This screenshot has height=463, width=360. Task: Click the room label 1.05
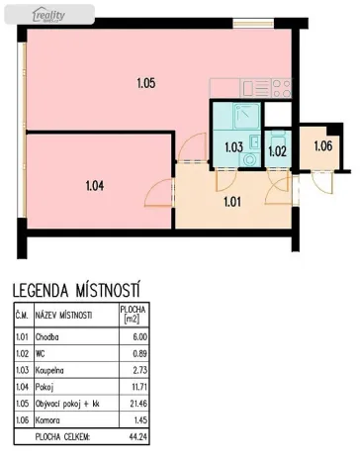[145, 84]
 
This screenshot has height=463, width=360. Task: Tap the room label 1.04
[95, 183]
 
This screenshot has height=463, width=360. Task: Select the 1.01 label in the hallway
[233, 204]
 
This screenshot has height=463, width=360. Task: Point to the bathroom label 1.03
[233, 147]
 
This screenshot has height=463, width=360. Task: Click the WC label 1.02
[277, 151]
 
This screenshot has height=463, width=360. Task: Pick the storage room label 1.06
[323, 147]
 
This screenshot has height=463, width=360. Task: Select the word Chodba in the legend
[47, 337]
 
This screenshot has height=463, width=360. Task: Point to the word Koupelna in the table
[51, 371]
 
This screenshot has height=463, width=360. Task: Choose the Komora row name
[48, 421]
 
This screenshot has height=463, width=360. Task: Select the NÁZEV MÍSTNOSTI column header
[63, 316]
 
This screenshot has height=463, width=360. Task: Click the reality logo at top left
[48, 13]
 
